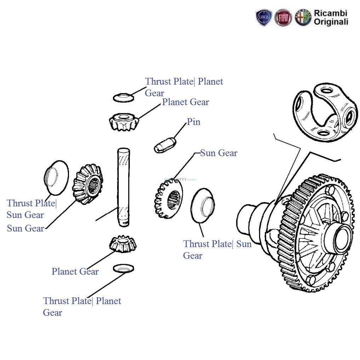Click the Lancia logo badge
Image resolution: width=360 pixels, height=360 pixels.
click(x=264, y=18)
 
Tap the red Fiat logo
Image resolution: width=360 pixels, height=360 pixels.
click(x=284, y=18)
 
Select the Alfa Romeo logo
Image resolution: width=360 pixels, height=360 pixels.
click(x=303, y=18)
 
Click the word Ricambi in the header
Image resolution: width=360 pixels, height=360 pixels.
click(x=331, y=13)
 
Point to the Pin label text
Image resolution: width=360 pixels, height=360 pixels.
click(x=194, y=122)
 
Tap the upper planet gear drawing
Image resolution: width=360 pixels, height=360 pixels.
click(x=123, y=122)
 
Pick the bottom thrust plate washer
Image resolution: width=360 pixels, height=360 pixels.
click(x=123, y=268)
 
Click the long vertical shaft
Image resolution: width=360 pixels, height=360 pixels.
click(x=123, y=188)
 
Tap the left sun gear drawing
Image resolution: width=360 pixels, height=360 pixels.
click(x=88, y=184)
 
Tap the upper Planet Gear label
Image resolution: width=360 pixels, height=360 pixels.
click(x=185, y=102)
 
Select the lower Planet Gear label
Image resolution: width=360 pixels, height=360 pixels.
click(x=75, y=272)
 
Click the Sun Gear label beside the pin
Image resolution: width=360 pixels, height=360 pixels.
click(x=219, y=153)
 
